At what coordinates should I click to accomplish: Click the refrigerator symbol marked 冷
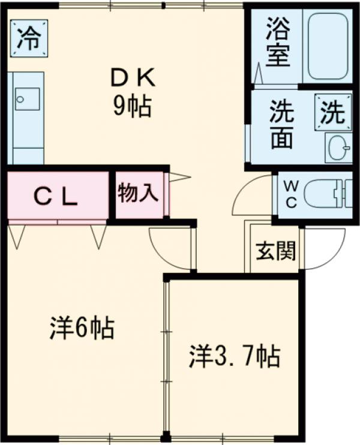point(28,40)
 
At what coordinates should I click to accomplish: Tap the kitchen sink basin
point(27,98)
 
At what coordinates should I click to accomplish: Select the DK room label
point(133,77)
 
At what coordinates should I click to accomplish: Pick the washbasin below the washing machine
point(338,147)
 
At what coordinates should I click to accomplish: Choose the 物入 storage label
point(138,194)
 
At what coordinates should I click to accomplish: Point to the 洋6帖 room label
point(82,329)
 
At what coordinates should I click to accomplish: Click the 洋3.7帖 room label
point(234,357)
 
